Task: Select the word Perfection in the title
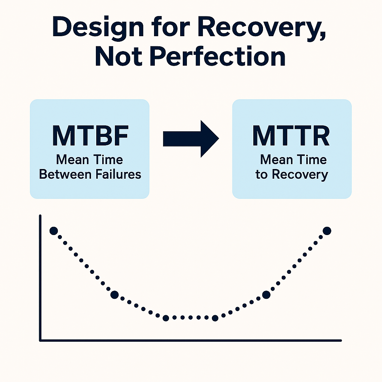click(217, 56)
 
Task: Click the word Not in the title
click(119, 56)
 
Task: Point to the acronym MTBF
click(90, 136)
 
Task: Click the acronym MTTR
click(291, 136)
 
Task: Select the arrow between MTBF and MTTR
click(191, 139)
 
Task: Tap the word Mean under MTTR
click(276, 160)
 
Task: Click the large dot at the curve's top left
click(54, 231)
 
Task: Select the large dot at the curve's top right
click(327, 231)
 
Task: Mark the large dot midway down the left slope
click(115, 295)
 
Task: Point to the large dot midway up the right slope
click(266, 295)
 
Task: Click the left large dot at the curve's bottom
click(166, 318)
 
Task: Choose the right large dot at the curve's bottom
click(215, 318)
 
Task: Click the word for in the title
click(170, 27)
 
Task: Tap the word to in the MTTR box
click(262, 175)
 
